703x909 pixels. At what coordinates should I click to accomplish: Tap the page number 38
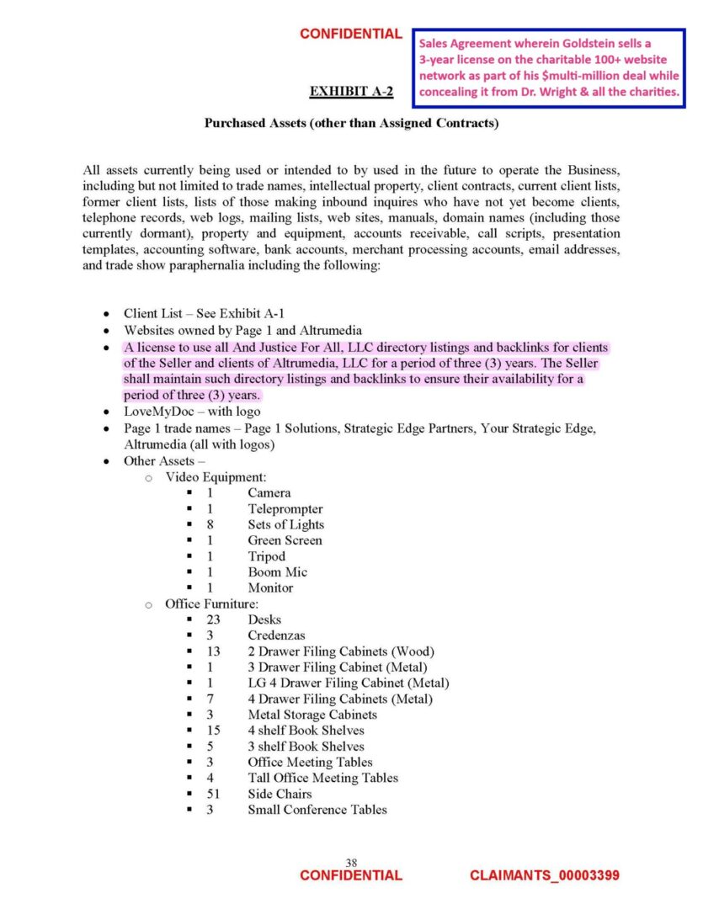[x=351, y=862]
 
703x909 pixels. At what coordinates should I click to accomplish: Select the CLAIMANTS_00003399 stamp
[x=544, y=875]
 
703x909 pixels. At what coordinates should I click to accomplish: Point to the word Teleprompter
[x=285, y=508]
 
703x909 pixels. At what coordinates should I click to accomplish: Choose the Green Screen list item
[x=285, y=540]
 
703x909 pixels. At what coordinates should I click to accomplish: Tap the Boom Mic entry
[x=277, y=572]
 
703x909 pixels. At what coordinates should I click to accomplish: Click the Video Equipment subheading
[x=216, y=477]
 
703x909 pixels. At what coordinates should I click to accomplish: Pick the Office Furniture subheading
[x=211, y=603]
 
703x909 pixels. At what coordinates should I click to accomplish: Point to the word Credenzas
[x=276, y=635]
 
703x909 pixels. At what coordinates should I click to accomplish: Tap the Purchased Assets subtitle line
[x=352, y=124]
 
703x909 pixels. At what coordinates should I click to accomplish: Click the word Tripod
[x=266, y=556]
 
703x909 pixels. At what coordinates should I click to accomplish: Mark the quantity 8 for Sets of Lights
[x=210, y=524]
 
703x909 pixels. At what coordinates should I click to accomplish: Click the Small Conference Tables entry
[x=317, y=810]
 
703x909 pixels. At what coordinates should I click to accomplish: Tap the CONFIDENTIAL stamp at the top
[x=351, y=34]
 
